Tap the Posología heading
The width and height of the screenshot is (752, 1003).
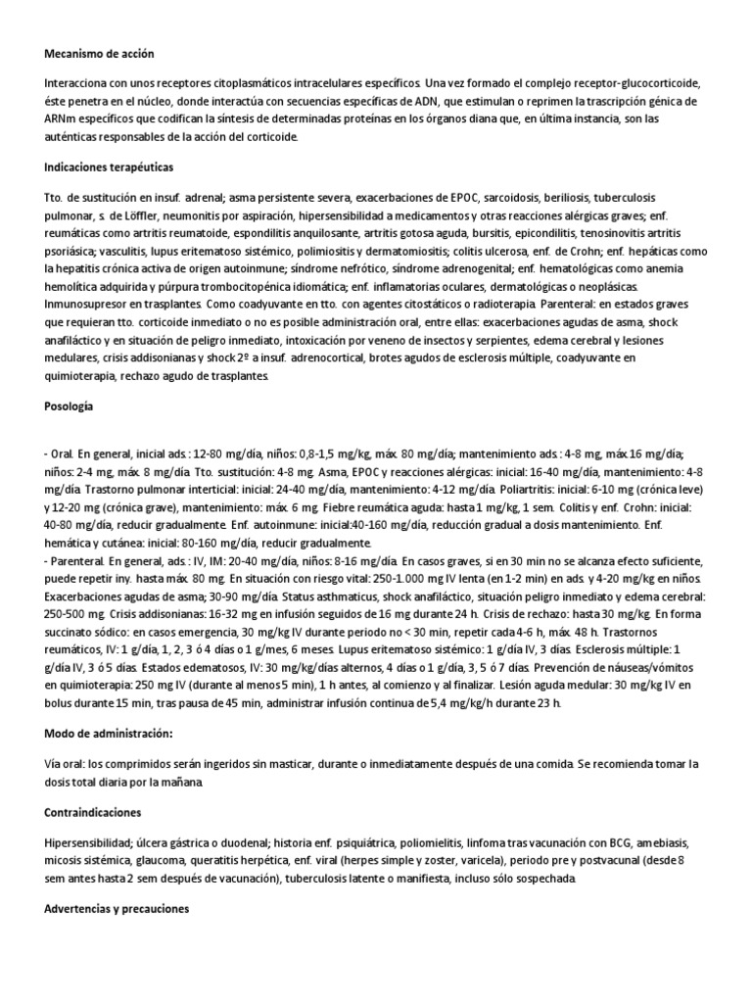[70, 405]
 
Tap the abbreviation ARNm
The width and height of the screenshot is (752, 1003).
[62, 119]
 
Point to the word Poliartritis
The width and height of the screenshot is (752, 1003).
[511, 489]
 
